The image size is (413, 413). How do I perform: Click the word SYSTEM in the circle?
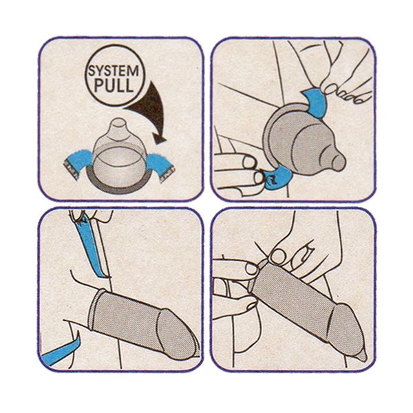pos(114,71)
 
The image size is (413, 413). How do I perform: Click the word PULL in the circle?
pos(114,85)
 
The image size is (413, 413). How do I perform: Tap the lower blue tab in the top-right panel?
pos(278,178)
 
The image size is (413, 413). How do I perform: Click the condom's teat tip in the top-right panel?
pos(338,161)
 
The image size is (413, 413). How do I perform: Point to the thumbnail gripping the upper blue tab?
pos(330,89)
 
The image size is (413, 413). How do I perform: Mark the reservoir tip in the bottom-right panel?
pos(361,356)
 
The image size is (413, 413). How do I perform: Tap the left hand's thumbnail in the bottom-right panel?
pos(251,268)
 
